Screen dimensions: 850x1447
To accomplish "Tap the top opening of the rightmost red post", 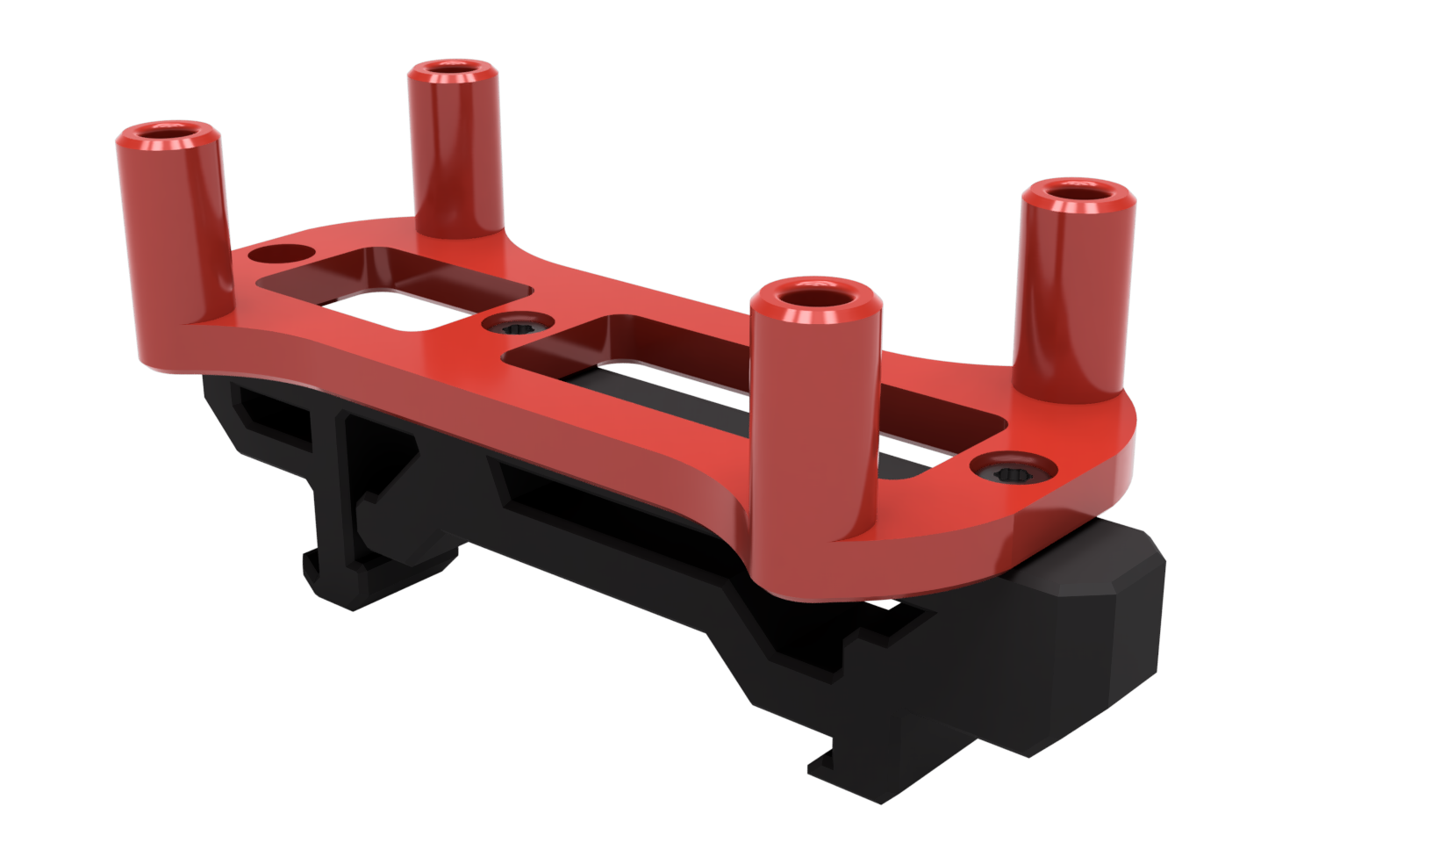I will (1078, 191).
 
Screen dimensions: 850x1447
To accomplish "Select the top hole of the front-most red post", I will (816, 293).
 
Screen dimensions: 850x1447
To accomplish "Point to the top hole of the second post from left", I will (453, 68).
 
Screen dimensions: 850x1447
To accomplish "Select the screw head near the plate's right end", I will (1015, 472).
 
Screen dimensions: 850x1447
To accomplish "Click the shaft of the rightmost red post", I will (1072, 290).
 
